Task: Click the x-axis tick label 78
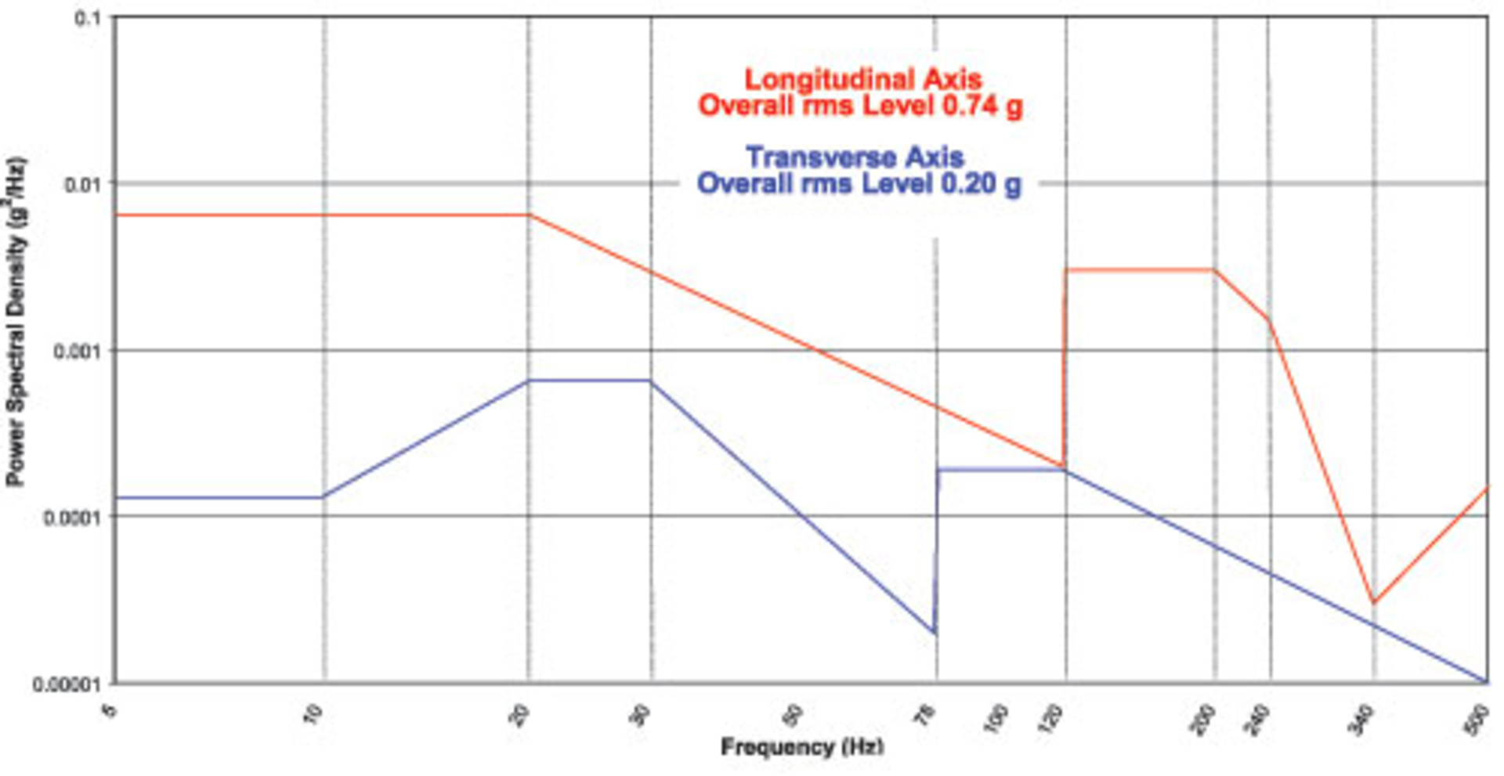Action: [927, 716]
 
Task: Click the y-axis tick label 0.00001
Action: [67, 684]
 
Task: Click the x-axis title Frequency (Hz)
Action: [801, 747]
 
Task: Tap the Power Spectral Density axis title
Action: [16, 322]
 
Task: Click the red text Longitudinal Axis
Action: [862, 79]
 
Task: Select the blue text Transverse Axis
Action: [855, 157]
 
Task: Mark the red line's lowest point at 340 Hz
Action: [1373, 602]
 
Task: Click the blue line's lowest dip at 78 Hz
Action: [935, 632]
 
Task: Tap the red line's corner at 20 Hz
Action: [529, 215]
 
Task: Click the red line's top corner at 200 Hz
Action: [1215, 270]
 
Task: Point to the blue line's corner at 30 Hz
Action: [651, 381]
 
